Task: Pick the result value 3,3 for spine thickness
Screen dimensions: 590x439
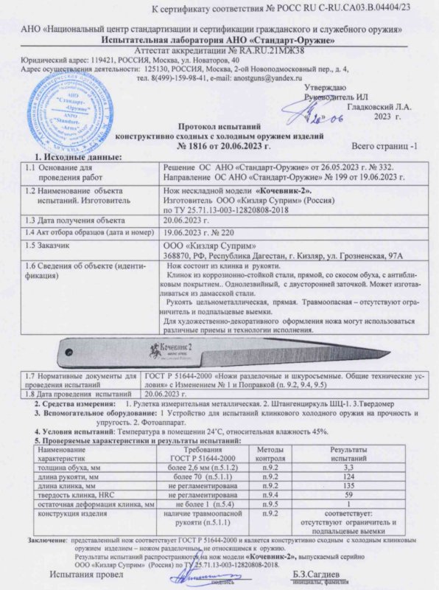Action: tap(350, 468)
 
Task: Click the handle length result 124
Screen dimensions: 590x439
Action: tap(350, 476)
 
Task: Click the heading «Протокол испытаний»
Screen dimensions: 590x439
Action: tap(219, 126)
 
